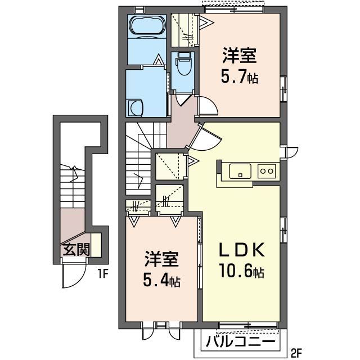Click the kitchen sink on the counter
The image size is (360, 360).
(x=240, y=170)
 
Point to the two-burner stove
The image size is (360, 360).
(x=266, y=170)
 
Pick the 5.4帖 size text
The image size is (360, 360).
(x=161, y=280)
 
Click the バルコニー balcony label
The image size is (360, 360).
(x=240, y=341)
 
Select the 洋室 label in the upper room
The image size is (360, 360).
(x=239, y=56)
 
